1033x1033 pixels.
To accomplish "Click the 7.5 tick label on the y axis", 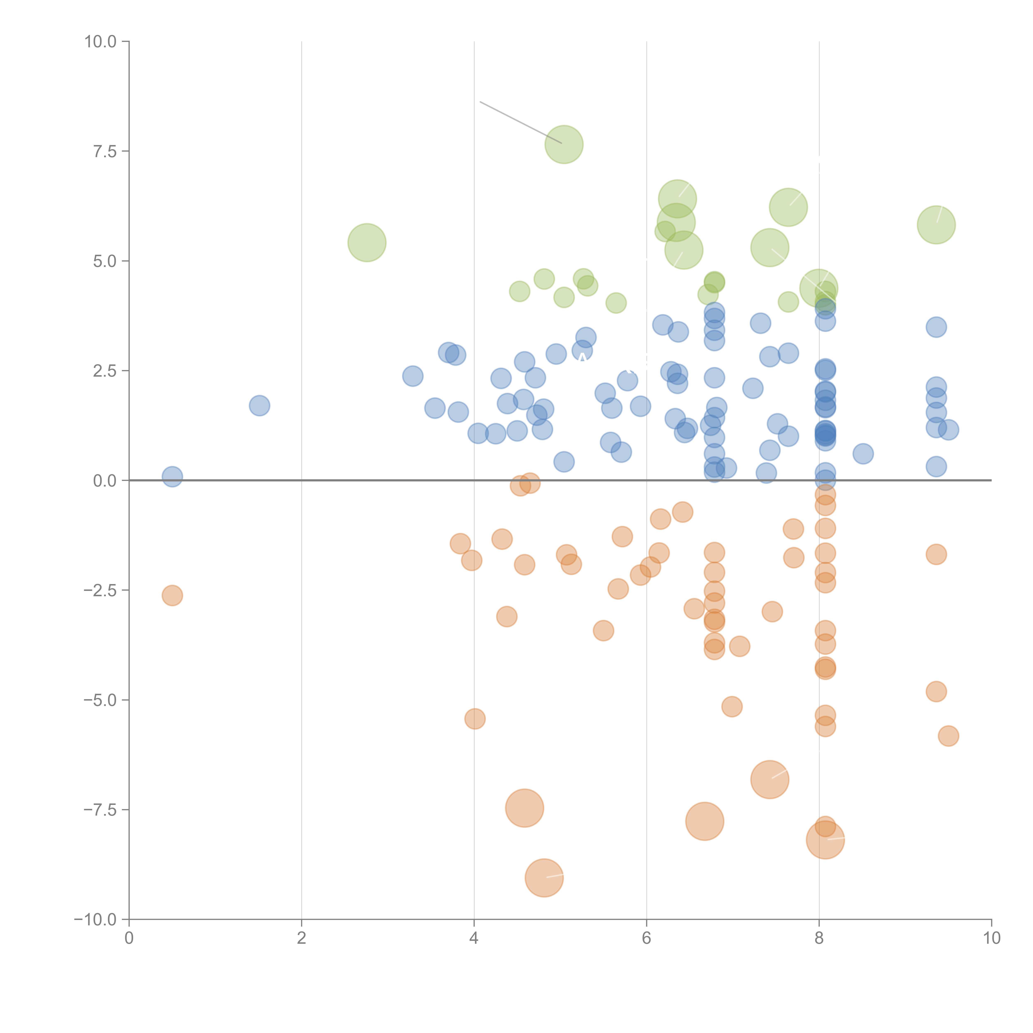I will (105, 151).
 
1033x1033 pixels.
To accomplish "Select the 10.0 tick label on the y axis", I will (101, 42).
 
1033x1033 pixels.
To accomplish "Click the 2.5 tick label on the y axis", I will (105, 371).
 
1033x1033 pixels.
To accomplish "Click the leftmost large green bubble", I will (367, 243).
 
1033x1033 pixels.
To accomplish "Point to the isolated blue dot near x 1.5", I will (259, 406).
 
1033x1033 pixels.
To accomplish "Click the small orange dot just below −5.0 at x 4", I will (475, 719).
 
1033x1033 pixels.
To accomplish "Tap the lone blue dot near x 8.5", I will (863, 454).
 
